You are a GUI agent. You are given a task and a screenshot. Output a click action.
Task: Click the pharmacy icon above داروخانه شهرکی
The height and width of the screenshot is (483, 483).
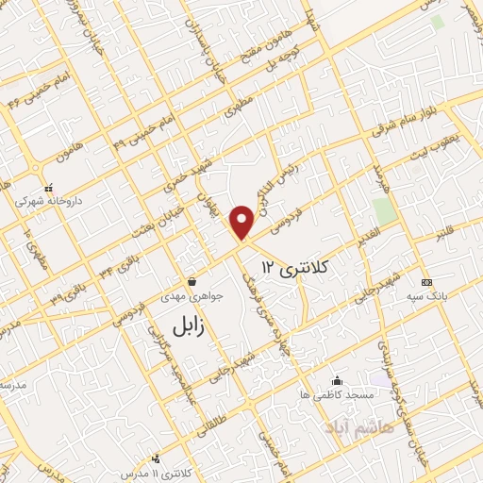pos(37,187)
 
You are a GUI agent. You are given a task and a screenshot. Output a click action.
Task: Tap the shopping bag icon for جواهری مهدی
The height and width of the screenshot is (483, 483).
pos(193,281)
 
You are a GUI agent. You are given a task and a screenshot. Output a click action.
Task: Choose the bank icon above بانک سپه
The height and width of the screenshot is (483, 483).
pos(426,283)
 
